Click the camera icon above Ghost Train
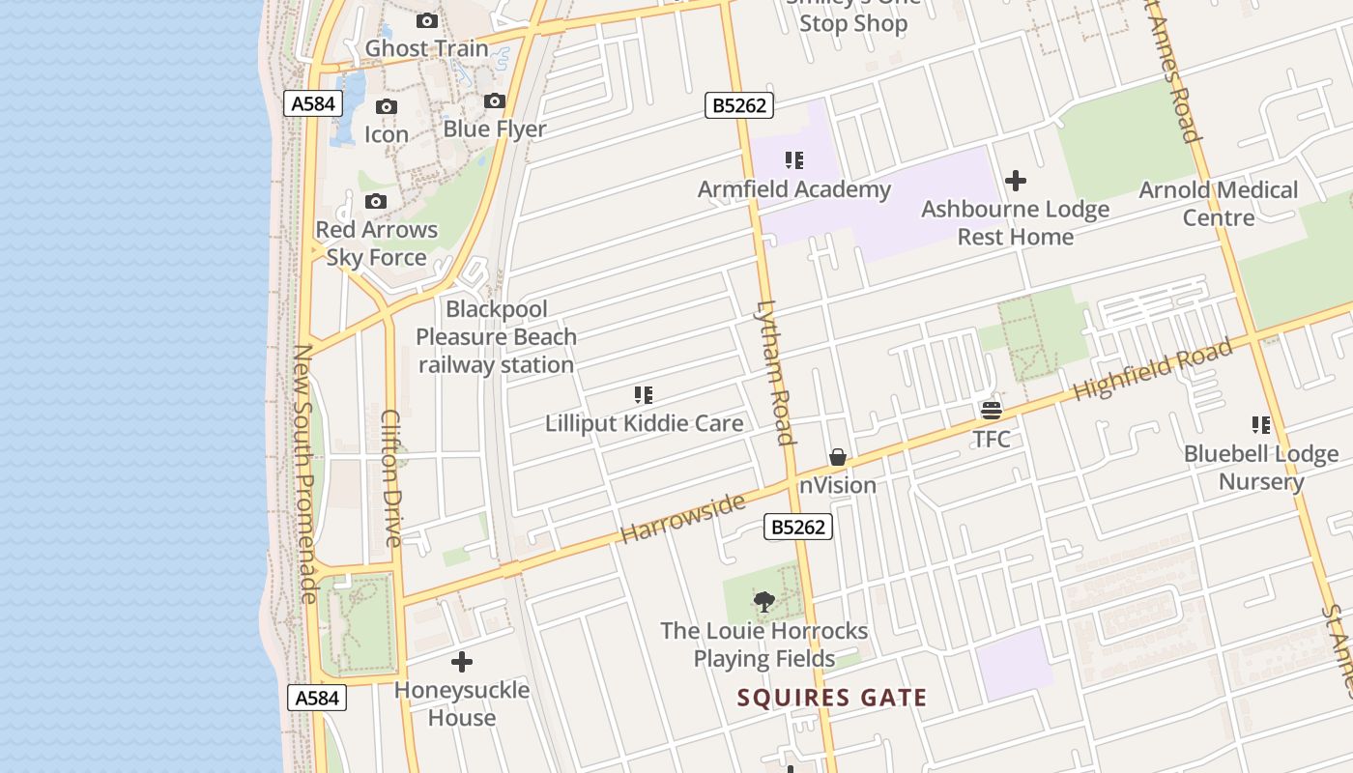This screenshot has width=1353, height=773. point(426,20)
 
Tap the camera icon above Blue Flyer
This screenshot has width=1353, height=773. point(495,100)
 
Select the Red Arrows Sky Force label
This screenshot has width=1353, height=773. point(376,243)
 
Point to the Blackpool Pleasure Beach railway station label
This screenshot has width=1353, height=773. point(496,337)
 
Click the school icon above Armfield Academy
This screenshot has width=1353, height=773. point(794,160)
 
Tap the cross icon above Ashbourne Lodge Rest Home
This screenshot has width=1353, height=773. point(1016,181)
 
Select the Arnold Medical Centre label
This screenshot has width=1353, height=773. point(1218,204)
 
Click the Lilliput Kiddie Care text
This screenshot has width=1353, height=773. point(644,423)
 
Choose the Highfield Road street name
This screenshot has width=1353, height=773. point(1153,369)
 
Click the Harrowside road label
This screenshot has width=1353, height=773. point(683,518)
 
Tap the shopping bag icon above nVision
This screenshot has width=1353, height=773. point(838,457)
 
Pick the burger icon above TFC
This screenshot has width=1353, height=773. point(992,411)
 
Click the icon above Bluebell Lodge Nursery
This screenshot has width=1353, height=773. point(1261,425)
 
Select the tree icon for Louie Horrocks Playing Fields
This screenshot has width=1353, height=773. point(764,602)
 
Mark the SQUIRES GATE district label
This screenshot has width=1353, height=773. point(832,698)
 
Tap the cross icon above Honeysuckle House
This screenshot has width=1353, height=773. point(462,662)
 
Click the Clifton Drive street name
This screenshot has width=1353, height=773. point(390,478)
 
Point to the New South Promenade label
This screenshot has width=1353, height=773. point(303,473)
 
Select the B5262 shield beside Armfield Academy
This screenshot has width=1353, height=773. point(740,105)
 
